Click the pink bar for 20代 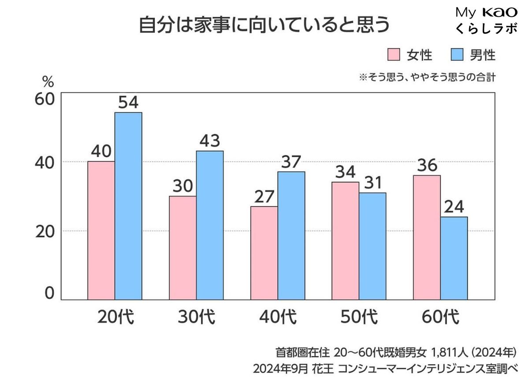tap(101, 230)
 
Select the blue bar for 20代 tap(128, 206)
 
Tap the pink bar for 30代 tap(183, 248)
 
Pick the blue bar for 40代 tap(291, 236)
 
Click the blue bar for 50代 tap(373, 246)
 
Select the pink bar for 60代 tap(427, 237)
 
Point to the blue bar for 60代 tap(454, 258)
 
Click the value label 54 tap(129, 103)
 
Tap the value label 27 tap(264, 196)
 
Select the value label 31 tap(373, 183)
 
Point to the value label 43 tap(210, 141)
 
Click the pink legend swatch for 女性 tap(393, 55)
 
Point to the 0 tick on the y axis tap(49, 293)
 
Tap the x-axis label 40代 tap(278, 317)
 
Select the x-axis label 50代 tap(359, 317)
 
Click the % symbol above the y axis tap(48, 81)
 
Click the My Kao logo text tap(486, 12)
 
